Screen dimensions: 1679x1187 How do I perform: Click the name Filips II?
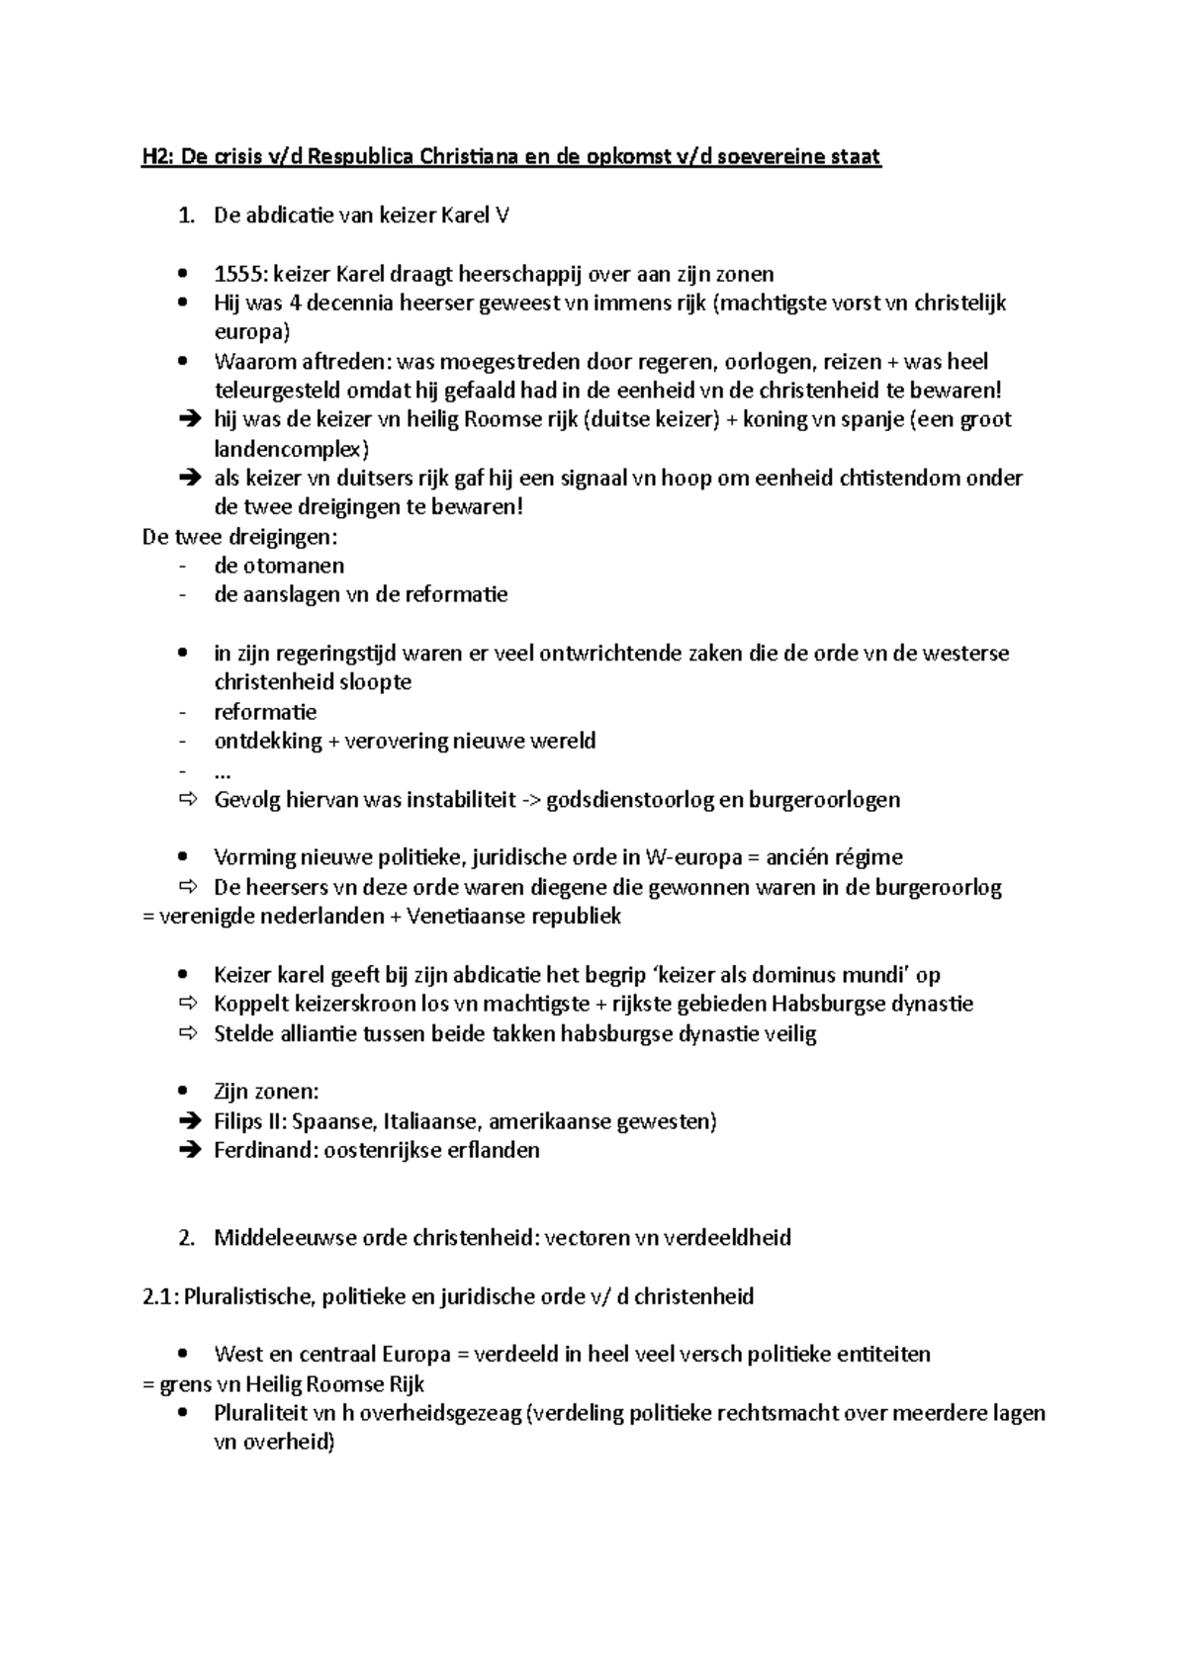249,1121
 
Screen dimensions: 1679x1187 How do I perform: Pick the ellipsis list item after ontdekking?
223,770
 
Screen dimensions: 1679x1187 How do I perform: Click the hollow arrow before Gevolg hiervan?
188,799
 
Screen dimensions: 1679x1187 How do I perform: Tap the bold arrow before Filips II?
188,1121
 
